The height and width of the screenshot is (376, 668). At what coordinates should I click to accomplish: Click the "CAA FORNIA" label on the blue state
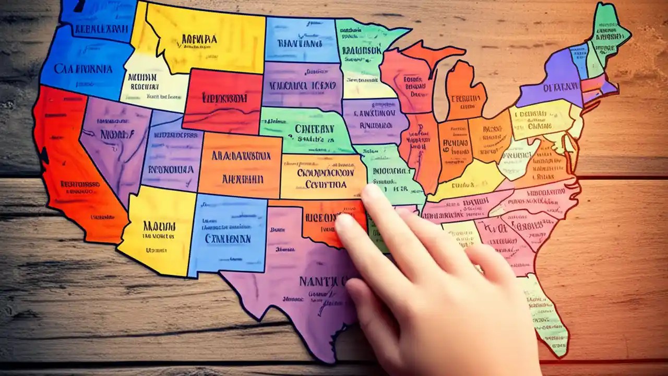pos(76,68)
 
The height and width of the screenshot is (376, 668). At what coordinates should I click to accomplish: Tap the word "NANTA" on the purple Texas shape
pos(319,281)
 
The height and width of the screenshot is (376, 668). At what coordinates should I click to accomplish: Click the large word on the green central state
pos(314,128)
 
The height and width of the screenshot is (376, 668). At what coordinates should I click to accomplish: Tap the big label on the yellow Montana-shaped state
pos(199,39)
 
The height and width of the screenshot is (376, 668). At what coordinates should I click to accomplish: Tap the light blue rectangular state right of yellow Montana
pos(301,41)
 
